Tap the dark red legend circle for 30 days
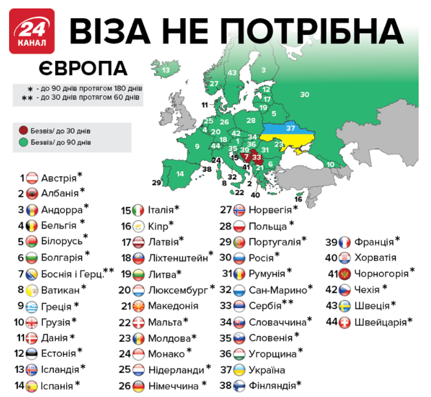click(x=24, y=130)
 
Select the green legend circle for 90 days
click(x=24, y=141)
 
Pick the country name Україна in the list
click(x=262, y=370)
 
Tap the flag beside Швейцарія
click(x=346, y=321)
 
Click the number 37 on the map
click(x=291, y=128)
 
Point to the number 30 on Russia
click(x=304, y=95)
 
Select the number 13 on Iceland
click(x=166, y=69)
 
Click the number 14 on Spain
click(x=180, y=174)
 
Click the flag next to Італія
click(x=137, y=210)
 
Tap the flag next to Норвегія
click(x=240, y=210)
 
